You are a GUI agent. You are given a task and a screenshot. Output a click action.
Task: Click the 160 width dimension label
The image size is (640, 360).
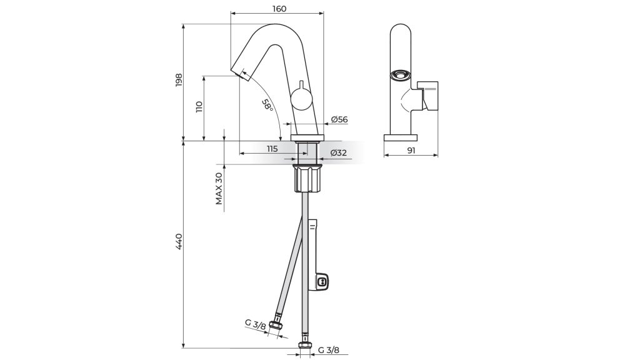278,8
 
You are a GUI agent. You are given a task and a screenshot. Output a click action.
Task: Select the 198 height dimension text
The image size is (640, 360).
178,80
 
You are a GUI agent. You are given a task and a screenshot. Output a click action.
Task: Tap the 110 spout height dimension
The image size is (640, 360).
199,107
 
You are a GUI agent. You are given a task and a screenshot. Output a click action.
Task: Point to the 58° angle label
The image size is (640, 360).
267,105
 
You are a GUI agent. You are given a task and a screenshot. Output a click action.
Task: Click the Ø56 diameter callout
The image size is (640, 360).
339,119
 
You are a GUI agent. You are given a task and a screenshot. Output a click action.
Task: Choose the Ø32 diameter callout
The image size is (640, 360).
339,153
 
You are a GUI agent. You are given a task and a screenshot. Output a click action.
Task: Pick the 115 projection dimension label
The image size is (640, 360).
272,149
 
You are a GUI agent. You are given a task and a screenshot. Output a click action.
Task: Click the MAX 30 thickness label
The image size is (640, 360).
219,188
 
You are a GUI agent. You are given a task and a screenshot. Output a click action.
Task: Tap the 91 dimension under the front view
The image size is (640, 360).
411,150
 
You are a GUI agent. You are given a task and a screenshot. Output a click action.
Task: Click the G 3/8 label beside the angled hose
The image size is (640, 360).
256,325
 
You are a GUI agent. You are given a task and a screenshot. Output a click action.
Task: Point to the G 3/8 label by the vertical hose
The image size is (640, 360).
328,350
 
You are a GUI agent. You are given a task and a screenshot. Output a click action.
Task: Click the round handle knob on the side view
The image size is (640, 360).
301,100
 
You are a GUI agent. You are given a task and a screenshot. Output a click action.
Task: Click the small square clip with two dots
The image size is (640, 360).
322,281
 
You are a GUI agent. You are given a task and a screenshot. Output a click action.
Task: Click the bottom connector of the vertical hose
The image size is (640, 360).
304,345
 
